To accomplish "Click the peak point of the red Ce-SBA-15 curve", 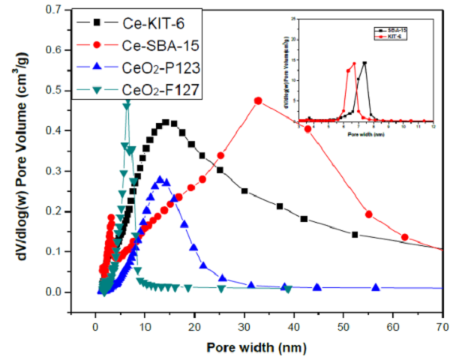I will (258, 100).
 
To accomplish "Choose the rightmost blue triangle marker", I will (376, 287).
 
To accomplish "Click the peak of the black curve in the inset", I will (364, 64).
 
